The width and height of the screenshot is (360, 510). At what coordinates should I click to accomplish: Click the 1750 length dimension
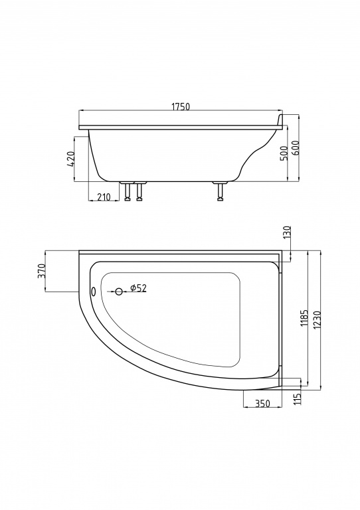pos(181,106)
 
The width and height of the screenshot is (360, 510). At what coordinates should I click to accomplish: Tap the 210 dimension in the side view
pos(104,197)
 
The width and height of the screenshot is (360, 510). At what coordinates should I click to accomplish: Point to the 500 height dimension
pos(284,153)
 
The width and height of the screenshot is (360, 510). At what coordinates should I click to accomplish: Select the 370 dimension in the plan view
pos(42,271)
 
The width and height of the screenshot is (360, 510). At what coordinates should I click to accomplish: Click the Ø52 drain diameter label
pos(138,288)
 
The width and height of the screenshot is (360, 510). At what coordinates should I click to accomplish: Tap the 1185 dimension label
pos(304,318)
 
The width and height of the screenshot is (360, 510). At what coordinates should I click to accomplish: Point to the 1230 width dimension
pos(317,319)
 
